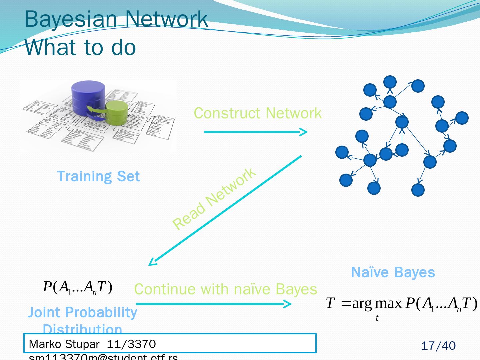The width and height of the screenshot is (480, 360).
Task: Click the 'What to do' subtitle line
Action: (x=80, y=47)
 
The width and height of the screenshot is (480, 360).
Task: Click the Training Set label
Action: (x=98, y=176)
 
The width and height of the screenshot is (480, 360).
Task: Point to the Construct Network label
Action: (x=258, y=113)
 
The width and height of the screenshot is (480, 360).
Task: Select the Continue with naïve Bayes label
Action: (x=225, y=289)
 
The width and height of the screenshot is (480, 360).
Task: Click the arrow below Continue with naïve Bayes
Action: (x=213, y=304)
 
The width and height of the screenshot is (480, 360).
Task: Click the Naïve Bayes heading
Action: (x=393, y=272)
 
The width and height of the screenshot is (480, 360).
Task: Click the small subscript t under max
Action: (x=377, y=318)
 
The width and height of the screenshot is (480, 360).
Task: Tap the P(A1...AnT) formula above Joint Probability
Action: (x=77, y=287)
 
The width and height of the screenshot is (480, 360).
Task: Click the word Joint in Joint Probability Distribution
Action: (x=44, y=313)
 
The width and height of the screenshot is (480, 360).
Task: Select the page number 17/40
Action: (x=438, y=346)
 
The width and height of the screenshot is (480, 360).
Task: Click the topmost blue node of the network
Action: (x=390, y=82)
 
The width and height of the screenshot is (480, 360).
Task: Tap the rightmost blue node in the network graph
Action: (x=462, y=118)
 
